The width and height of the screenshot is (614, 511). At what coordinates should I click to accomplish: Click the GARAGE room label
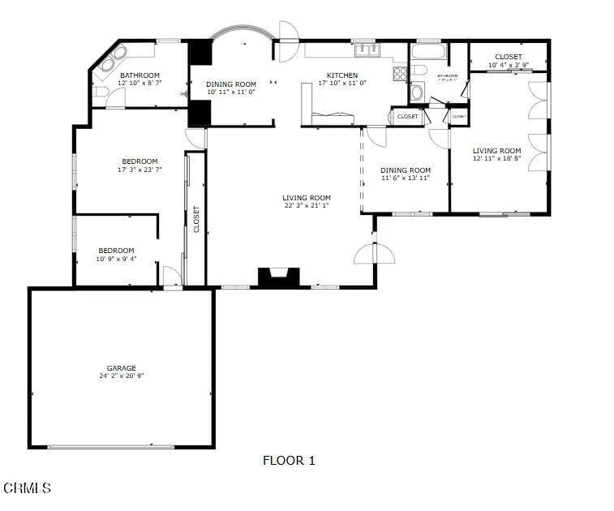pyautogui.click(x=122, y=367)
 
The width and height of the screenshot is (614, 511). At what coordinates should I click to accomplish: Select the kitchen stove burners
pyautogui.click(x=400, y=74)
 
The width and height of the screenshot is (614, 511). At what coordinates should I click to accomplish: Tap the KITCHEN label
pyautogui.click(x=341, y=75)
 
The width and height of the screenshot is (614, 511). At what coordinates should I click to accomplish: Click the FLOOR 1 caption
pyautogui.click(x=289, y=461)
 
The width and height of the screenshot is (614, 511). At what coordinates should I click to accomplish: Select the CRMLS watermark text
pyautogui.click(x=28, y=487)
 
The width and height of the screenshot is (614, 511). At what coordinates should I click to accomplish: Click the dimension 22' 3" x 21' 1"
pyautogui.click(x=307, y=206)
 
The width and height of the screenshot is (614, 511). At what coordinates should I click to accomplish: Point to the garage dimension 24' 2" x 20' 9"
pyautogui.click(x=122, y=376)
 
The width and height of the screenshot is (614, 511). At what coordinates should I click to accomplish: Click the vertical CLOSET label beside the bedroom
pyautogui.click(x=196, y=219)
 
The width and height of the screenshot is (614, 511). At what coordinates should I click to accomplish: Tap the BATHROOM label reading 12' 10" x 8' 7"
pyautogui.click(x=140, y=83)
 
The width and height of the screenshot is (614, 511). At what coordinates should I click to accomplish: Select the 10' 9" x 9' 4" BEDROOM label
pyautogui.click(x=116, y=259)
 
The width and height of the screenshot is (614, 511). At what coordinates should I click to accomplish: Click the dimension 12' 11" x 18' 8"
pyautogui.click(x=497, y=159)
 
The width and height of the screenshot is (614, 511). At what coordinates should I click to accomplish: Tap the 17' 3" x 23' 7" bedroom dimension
pyautogui.click(x=140, y=170)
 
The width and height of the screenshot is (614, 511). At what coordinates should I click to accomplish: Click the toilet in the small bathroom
pyautogui.click(x=417, y=91)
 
